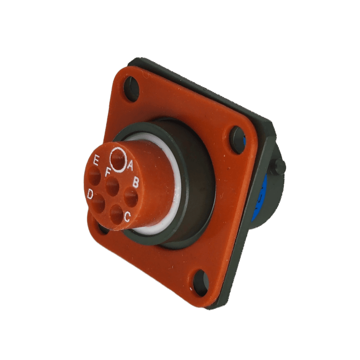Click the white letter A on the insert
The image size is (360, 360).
(x=130, y=165)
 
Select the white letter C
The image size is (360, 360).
(x=127, y=217)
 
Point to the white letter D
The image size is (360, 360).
(x=90, y=194)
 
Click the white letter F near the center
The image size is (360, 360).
(x=108, y=172)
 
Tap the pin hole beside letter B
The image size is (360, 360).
(x=131, y=197)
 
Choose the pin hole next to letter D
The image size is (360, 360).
(x=98, y=203)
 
